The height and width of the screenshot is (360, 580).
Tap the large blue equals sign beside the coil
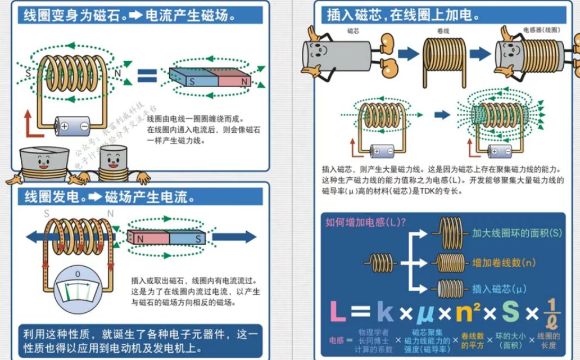[x=147, y=76]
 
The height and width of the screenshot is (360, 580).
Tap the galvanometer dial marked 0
[x=78, y=286]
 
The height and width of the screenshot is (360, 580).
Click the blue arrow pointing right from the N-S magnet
[x=234, y=237]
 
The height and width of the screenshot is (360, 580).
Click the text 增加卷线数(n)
[x=504, y=263]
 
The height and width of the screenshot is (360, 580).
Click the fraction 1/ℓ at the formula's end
[x=552, y=313]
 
